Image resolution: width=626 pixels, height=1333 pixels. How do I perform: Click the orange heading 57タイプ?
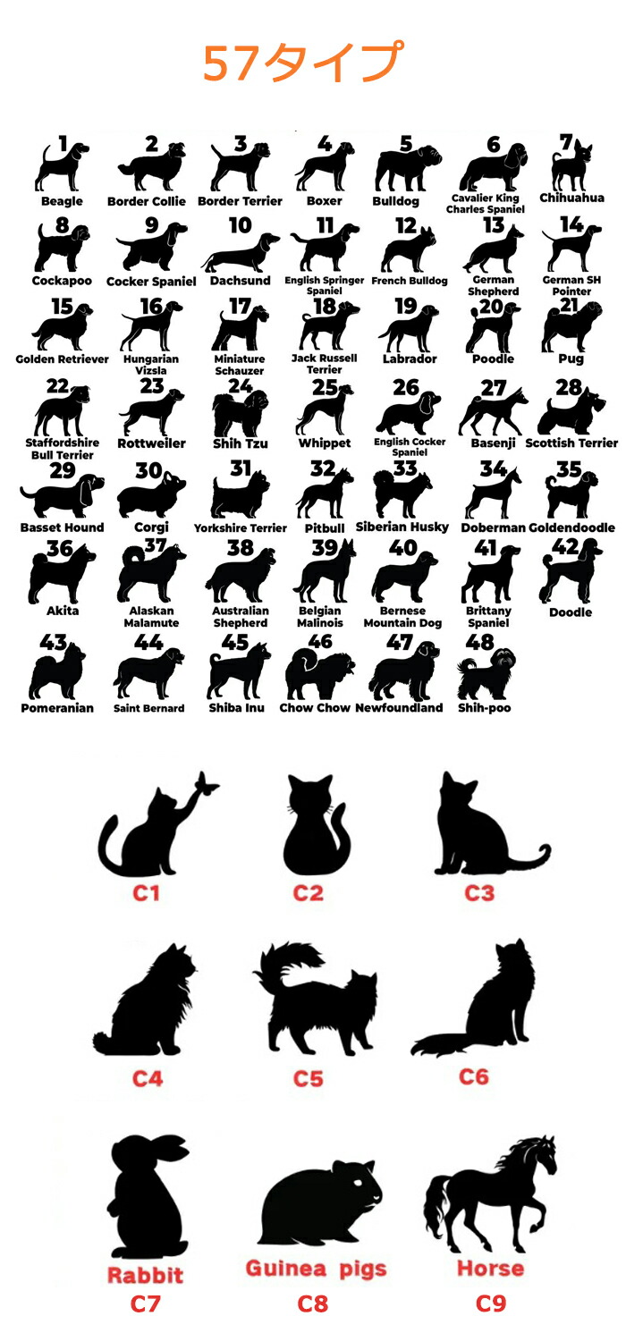(303, 62)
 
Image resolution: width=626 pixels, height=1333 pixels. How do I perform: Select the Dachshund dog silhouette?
(241, 254)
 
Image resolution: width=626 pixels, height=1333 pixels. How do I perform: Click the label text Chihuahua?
(571, 198)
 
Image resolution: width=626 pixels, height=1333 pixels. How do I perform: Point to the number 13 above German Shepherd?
(494, 225)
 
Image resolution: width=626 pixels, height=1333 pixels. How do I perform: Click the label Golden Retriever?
(62, 359)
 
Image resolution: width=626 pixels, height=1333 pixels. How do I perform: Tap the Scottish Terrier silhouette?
(571, 414)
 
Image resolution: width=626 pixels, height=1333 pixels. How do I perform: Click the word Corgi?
(151, 527)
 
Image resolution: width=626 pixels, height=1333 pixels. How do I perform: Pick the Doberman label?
(494, 527)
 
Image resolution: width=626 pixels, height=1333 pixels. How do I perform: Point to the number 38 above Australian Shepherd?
(241, 547)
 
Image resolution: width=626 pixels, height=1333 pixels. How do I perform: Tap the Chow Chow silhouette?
(319, 675)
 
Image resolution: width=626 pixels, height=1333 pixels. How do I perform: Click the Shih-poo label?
(485, 708)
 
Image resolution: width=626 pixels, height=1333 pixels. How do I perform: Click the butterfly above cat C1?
(206, 783)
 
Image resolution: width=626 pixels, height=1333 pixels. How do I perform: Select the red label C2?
(309, 893)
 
